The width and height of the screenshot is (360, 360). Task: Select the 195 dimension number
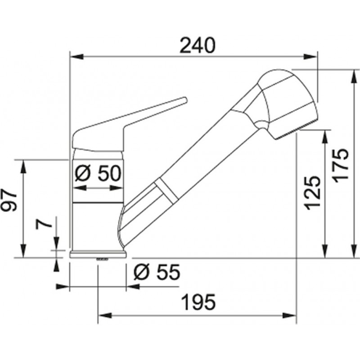199,302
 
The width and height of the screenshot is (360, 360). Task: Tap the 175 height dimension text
341,166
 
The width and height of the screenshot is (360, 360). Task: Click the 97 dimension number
9,200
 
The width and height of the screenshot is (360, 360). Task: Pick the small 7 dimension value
43,222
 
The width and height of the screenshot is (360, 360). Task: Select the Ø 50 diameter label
98,173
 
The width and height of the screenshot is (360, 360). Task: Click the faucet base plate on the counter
98,254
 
